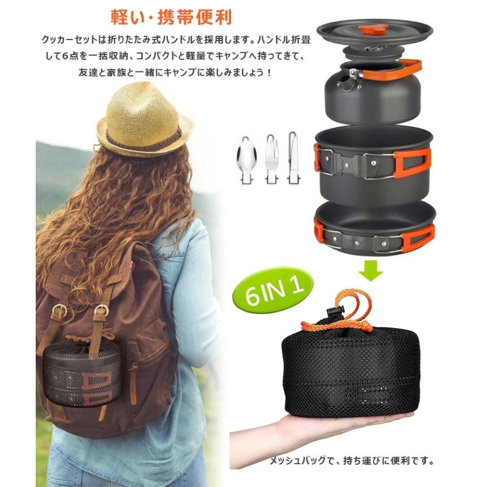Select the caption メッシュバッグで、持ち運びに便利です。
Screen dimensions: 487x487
click(x=352, y=462)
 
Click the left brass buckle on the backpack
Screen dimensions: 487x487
click(x=60, y=312)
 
